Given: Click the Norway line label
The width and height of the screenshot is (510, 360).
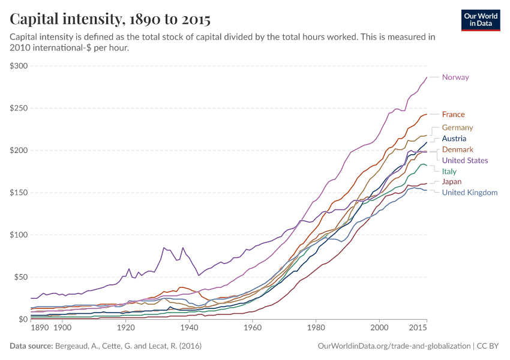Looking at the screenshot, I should (x=455, y=77).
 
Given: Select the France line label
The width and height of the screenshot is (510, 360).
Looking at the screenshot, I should (x=453, y=115).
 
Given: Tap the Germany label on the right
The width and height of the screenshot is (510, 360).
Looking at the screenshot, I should (x=457, y=128).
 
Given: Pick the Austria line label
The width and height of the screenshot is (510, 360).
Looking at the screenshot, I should (x=454, y=139).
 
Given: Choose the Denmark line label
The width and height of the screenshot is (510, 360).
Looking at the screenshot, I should (x=458, y=149).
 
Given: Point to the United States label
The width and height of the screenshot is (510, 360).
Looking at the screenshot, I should (x=464, y=161).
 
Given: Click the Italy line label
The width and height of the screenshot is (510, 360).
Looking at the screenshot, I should (x=449, y=172).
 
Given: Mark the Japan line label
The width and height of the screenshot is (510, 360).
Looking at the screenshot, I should (x=452, y=182).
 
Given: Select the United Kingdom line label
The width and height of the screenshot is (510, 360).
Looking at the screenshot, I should (x=469, y=193).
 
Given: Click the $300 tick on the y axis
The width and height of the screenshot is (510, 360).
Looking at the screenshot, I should (x=19, y=66).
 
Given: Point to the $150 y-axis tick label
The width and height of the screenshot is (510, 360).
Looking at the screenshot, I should (x=19, y=193).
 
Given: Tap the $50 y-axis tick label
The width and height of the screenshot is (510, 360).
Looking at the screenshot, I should (x=20, y=277).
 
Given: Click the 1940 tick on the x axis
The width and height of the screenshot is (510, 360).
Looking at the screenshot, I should (x=189, y=328).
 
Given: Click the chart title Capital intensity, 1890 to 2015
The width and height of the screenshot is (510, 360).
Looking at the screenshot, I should (x=110, y=19).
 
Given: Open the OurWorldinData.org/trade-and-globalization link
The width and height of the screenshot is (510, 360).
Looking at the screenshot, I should (x=392, y=346).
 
